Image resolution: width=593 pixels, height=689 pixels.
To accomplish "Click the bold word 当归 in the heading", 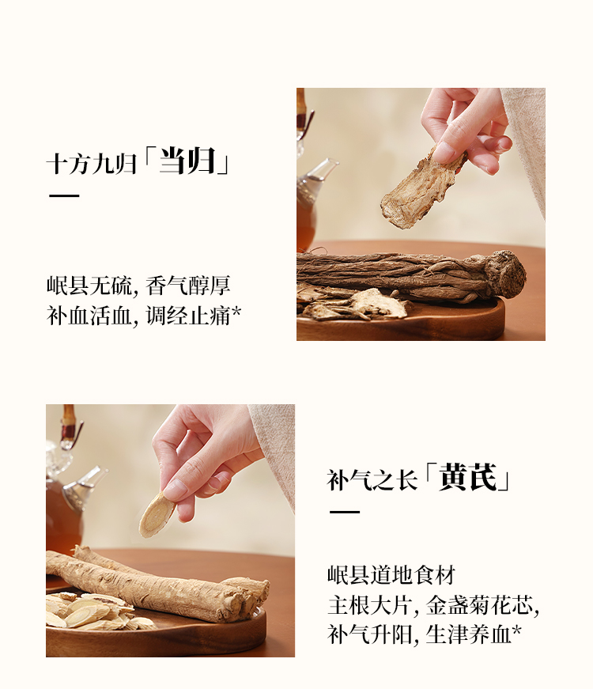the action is tap(187, 161).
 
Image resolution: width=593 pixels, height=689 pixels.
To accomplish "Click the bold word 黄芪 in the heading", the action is tap(468, 477).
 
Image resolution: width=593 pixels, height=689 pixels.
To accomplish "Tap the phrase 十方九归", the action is tap(92, 164).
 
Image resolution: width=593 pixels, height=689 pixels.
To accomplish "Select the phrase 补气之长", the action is tap(372, 480).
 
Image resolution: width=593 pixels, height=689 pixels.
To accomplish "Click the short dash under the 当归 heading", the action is tap(64, 195).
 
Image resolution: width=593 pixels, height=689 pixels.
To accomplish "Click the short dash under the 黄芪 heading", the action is tap(345, 512).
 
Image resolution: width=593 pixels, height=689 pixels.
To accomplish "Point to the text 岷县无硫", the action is tap(89, 286).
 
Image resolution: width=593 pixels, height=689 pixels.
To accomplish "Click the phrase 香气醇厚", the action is tap(188, 286).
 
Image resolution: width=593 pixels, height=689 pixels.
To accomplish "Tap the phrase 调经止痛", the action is tap(188, 316).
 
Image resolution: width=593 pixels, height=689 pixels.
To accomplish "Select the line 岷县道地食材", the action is tap(391, 575).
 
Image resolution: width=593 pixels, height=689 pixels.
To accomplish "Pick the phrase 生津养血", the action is tap(468, 634).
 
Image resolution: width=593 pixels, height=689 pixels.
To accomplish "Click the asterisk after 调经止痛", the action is tap(236, 312).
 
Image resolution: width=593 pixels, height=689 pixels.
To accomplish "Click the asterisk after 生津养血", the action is tap(517, 630).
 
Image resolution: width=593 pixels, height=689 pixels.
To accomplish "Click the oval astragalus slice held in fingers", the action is tap(157, 513).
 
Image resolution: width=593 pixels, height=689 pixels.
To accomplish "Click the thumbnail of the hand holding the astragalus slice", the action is tap(175, 489).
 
